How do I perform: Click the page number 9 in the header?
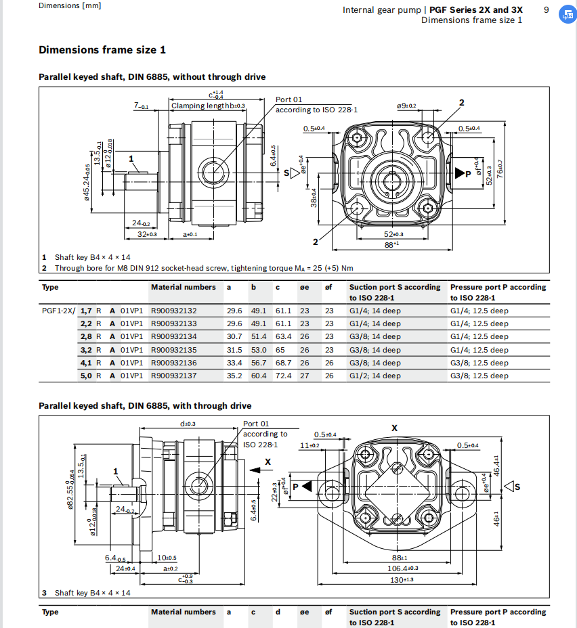(546, 9)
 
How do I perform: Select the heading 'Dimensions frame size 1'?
(102, 50)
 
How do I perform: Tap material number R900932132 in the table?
(174, 311)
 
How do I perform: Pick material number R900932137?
(174, 376)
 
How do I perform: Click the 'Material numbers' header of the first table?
(183, 288)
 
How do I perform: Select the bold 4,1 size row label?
(85, 363)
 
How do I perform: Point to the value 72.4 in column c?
(282, 376)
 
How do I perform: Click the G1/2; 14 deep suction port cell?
(375, 376)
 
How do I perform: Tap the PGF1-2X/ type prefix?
(58, 311)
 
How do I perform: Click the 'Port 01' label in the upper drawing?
(288, 100)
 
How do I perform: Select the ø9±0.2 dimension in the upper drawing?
(406, 106)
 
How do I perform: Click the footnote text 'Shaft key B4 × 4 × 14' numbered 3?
(93, 593)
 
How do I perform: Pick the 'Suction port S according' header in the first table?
(394, 288)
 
